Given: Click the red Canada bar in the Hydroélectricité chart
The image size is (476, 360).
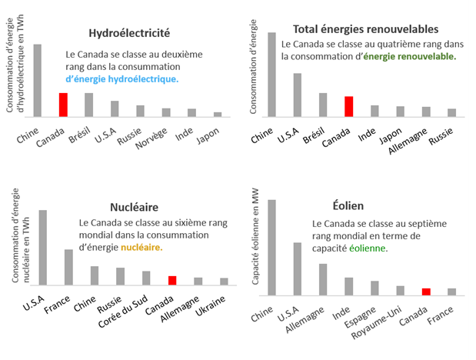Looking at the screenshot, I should (63, 105).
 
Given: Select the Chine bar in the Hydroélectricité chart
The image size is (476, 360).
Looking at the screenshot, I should (38, 80).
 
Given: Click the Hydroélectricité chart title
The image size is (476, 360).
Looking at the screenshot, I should (129, 35).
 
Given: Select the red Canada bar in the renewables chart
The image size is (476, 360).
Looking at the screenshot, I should (348, 106).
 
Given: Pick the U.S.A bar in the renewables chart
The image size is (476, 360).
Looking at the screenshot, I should (297, 95).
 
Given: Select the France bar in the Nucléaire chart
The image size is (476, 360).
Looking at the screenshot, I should (68, 266).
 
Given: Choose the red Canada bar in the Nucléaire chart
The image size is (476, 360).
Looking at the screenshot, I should (172, 279).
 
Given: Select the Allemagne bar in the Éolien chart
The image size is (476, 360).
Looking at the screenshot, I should (323, 279).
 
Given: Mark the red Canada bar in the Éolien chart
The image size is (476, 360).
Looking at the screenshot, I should (425, 292).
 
